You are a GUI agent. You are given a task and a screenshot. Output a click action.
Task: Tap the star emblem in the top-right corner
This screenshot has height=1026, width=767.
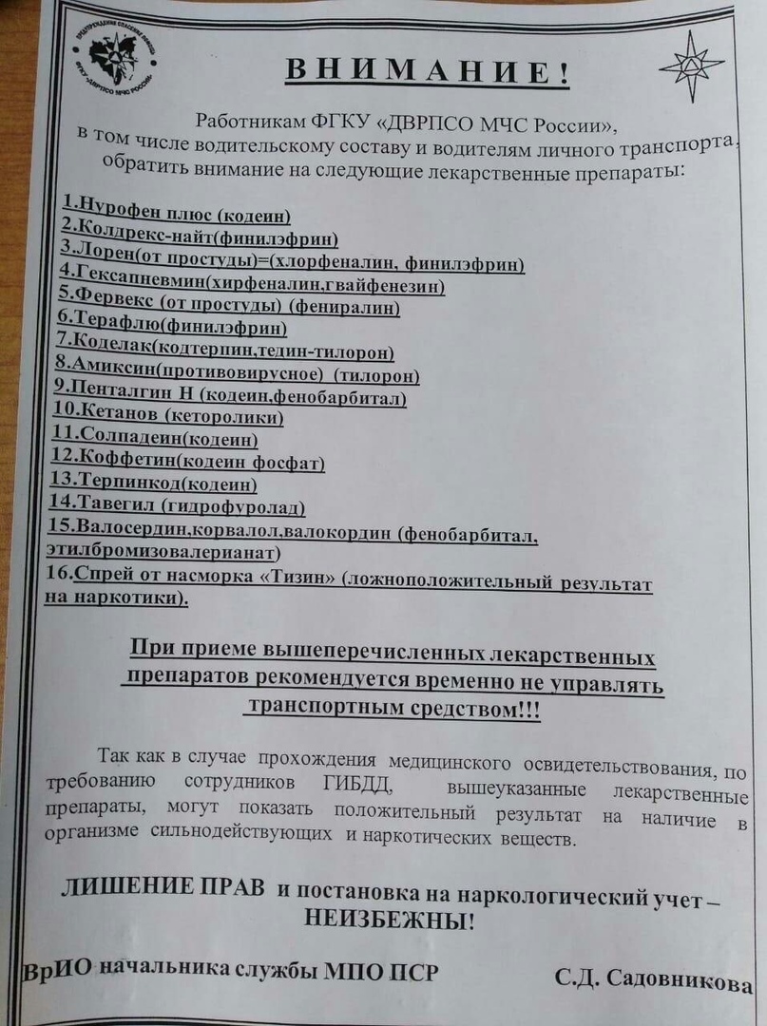point(691,66)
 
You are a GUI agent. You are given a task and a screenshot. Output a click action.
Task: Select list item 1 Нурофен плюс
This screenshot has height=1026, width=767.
point(177,210)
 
